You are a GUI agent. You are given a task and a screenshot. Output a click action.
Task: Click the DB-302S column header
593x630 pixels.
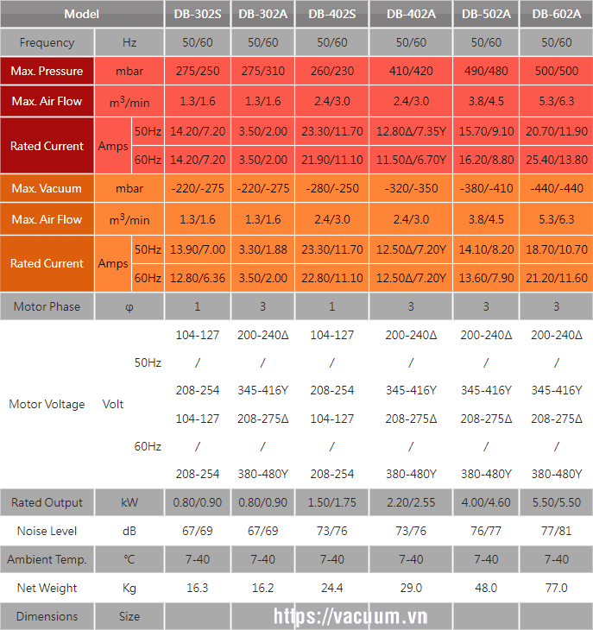(197, 14)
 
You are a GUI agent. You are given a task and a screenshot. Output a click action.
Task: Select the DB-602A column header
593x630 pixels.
(556, 14)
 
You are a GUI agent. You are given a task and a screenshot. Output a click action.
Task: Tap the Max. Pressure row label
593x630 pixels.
(47, 72)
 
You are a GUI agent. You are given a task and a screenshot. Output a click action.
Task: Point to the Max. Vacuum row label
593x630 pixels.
(47, 189)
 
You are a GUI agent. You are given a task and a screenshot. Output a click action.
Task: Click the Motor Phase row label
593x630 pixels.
(47, 306)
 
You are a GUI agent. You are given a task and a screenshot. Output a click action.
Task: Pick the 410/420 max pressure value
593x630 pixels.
(411, 72)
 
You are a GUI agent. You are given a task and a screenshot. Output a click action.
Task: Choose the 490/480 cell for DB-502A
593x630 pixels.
(487, 72)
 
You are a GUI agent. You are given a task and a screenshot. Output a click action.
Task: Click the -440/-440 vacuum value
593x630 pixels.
(556, 189)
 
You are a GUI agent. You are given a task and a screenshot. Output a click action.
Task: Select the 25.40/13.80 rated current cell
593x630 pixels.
(556, 161)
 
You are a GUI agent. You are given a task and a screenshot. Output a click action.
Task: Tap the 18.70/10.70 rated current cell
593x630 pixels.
(556, 249)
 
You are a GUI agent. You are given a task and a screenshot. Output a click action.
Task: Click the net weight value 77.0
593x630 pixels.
(556, 588)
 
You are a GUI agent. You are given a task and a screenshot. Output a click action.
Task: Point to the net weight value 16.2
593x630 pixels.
(262, 588)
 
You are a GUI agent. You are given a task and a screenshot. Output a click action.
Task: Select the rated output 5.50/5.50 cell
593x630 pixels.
(556, 502)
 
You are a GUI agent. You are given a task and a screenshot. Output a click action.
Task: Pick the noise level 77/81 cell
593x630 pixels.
(556, 531)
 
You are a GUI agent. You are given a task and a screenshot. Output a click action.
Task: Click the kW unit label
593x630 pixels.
(129, 502)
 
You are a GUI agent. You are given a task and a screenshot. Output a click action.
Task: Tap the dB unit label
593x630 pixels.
(129, 531)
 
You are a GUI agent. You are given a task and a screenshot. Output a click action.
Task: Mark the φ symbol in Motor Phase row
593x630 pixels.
(129, 306)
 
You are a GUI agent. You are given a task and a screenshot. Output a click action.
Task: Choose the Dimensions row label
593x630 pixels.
(47, 616)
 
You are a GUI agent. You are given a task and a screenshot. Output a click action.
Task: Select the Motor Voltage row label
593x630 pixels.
(47, 404)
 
